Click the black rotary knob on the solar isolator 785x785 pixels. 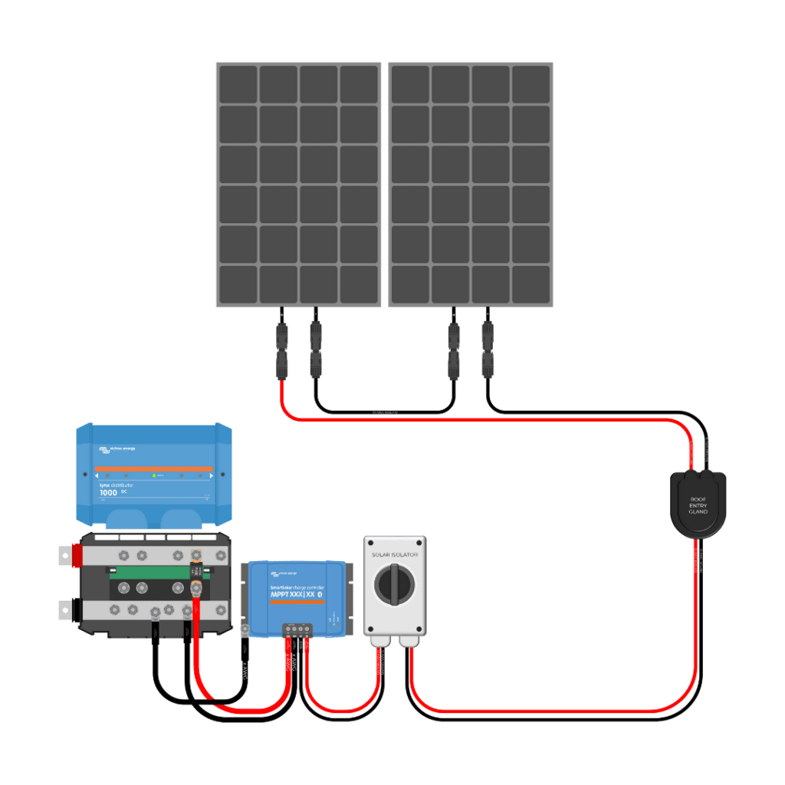[x=394, y=585]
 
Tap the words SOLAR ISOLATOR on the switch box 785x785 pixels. [x=394, y=553]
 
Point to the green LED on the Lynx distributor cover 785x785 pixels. [x=154, y=476]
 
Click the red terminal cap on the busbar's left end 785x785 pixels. [x=77, y=556]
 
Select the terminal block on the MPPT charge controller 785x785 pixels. [x=297, y=629]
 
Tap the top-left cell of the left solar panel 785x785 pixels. [x=238, y=84]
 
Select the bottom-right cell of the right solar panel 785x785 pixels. [x=531, y=284]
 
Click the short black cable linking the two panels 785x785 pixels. [x=383, y=411]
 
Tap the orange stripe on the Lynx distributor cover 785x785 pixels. [x=153, y=468]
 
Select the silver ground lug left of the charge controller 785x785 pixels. [x=245, y=631]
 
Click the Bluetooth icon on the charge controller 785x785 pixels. [x=320, y=594]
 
